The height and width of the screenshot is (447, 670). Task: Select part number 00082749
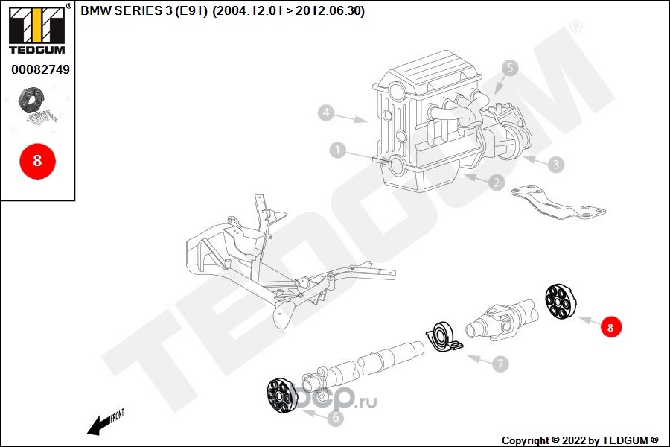tap(40, 69)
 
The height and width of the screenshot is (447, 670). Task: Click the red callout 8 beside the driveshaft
tap(610, 326)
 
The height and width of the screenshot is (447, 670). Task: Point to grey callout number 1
tap(338, 151)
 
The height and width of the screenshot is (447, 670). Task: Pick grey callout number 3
tap(556, 163)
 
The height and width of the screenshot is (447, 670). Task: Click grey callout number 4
tap(325, 113)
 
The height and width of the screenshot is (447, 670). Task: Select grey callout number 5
tap(509, 69)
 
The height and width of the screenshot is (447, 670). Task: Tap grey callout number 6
tap(335, 419)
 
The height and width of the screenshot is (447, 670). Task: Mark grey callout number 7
tap(500, 364)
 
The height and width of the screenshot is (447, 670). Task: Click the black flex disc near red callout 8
tap(560, 302)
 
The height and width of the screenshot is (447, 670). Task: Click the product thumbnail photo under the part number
tap(37, 106)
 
